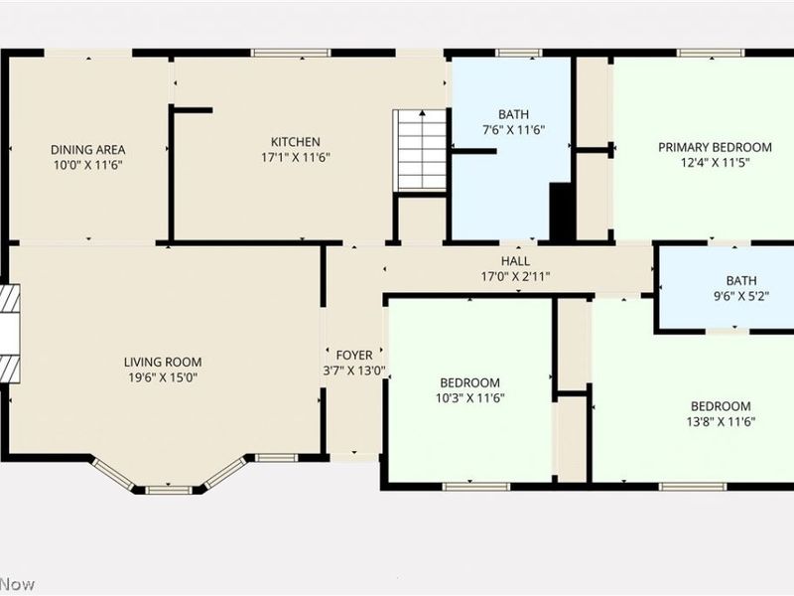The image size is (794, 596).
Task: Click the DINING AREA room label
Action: click(86, 149)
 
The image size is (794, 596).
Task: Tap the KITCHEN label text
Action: click(296, 142)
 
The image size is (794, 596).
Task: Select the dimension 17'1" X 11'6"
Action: click(296, 157)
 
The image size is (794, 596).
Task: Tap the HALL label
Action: click(515, 260)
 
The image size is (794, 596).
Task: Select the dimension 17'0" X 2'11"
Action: click(515, 276)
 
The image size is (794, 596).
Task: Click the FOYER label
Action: click(354, 355)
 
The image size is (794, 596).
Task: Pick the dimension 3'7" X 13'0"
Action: click(354, 371)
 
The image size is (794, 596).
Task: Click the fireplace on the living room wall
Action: click(10, 335)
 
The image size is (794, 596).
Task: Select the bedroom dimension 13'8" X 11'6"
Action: click(721, 421)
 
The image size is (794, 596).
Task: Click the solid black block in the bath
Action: click(562, 212)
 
